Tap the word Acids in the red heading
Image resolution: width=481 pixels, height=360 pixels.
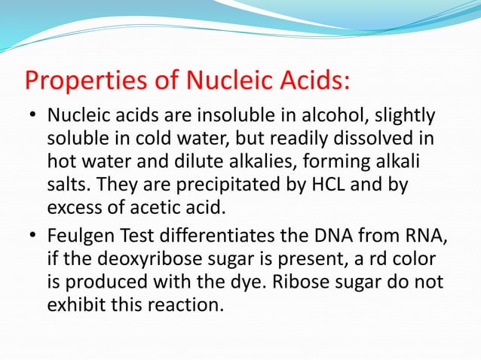click(x=315, y=79)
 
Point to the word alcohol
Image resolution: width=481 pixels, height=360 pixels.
click(x=330, y=117)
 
